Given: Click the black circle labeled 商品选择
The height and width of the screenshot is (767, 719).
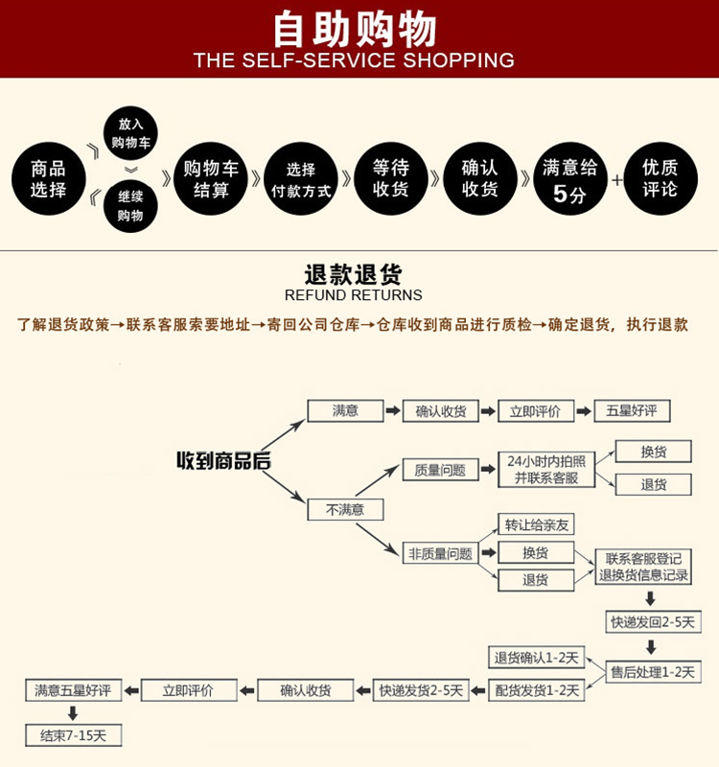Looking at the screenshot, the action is [48, 179].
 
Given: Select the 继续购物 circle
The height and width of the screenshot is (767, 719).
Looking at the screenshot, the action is [130, 206].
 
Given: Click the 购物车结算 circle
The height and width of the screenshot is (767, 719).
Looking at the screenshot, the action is [212, 179].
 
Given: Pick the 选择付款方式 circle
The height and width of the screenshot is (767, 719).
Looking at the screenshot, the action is [301, 179].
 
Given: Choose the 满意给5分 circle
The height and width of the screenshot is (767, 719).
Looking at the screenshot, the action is [569, 179].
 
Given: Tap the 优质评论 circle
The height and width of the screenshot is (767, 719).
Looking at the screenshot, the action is [661, 179].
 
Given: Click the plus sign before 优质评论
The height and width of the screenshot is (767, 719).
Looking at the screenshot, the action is [616, 179].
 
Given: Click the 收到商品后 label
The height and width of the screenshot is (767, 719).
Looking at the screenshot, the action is [223, 461].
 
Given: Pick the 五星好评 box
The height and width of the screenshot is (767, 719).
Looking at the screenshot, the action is [632, 410].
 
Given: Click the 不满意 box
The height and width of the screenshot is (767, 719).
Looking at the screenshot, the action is [345, 509].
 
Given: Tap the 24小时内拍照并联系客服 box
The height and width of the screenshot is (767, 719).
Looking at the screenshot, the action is [545, 469].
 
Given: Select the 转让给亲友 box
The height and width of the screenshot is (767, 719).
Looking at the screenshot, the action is [537, 524].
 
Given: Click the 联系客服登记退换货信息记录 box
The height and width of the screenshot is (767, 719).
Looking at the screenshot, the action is [643, 567].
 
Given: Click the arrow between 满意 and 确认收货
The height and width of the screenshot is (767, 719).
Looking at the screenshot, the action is [393, 410].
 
